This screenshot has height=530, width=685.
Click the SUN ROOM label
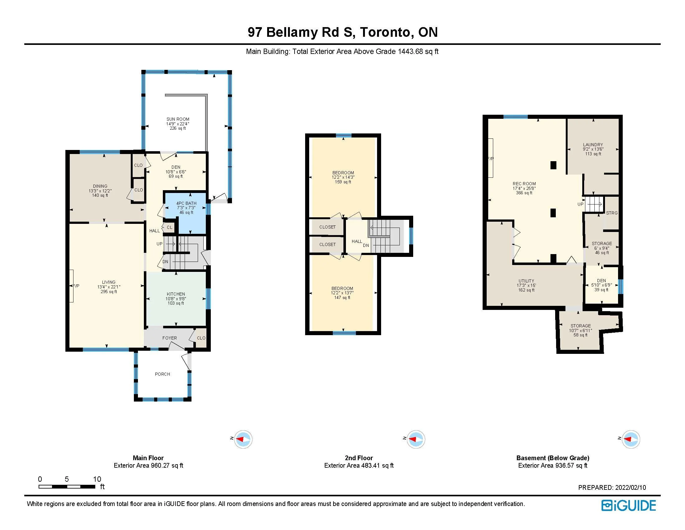178,119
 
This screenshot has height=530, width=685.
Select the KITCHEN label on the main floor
176,294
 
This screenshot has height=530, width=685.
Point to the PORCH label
163,374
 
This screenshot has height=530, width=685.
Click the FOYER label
170,338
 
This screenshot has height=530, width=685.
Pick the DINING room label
100,186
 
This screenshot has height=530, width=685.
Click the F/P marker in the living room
76,286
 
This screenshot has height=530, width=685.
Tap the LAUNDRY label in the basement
593,145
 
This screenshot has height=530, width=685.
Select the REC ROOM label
524,184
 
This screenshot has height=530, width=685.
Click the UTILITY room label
526,281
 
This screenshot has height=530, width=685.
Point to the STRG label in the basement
612,213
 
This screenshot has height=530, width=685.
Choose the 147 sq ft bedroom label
342,288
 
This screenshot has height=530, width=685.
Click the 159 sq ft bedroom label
343,173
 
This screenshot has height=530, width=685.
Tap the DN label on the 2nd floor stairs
366,246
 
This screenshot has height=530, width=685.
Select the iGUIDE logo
629,505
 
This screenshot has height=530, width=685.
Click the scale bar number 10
97,479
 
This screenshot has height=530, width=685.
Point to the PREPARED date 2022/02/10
631,487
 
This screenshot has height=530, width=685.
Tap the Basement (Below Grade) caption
553,458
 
